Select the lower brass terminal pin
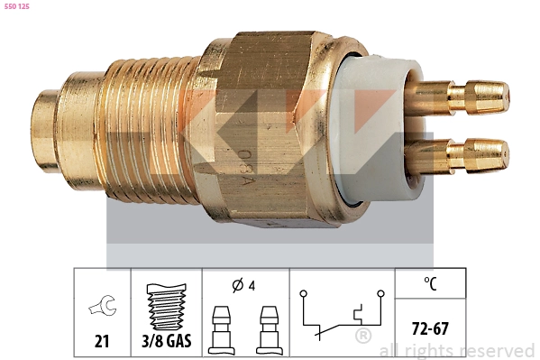[469, 154]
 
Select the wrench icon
[101, 309]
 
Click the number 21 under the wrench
[101, 341]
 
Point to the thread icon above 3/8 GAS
[166, 304]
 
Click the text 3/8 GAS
[167, 341]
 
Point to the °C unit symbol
[430, 285]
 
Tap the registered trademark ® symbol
[363, 337]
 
